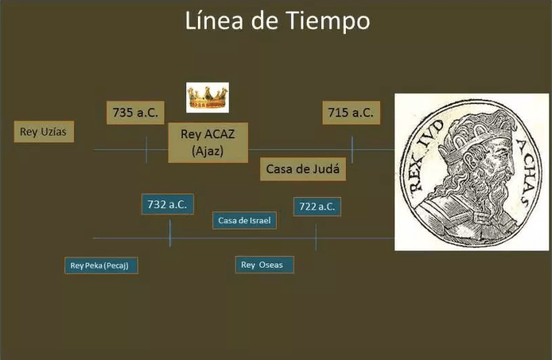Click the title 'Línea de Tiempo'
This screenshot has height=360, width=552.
(277, 21)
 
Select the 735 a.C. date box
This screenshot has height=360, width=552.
(136, 113)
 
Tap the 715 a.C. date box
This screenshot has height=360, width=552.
(351, 113)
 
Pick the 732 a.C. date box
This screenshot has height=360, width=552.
(167, 204)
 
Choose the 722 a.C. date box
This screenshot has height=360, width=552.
(317, 207)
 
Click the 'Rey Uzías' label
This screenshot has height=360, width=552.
(44, 131)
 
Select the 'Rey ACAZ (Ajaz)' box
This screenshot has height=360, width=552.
(208, 142)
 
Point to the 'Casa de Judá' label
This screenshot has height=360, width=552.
(303, 169)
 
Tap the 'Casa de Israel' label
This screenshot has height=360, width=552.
(244, 220)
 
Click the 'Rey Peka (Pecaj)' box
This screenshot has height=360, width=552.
(101, 266)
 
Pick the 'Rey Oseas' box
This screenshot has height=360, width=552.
(264, 265)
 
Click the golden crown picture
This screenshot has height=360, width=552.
(208, 97)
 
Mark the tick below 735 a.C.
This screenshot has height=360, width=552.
(147, 150)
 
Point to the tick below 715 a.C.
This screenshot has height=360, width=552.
(352, 150)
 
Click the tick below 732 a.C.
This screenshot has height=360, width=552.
(170, 233)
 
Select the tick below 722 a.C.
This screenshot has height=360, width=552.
(316, 237)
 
